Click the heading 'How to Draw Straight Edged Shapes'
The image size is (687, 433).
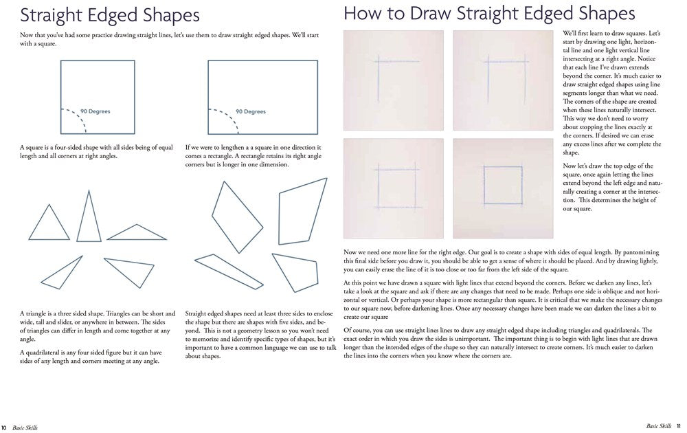488,13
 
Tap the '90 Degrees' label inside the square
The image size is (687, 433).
95,111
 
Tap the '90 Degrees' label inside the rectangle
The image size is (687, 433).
250,111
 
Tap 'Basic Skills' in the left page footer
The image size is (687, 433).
24,428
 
